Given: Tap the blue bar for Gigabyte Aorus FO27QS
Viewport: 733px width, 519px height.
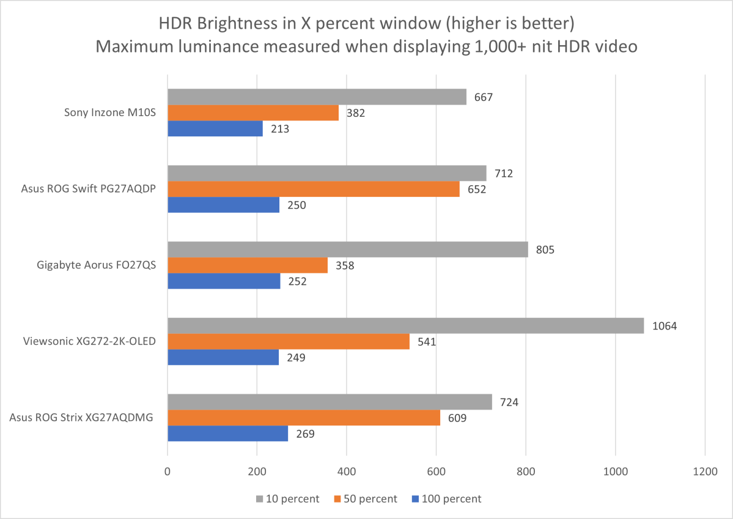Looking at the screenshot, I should coord(224,281).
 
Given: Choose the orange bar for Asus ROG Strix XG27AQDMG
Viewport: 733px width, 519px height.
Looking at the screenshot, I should coord(304,418).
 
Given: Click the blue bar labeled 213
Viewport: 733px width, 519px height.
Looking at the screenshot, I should coord(215,129).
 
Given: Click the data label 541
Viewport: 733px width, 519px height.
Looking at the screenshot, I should coord(425,342).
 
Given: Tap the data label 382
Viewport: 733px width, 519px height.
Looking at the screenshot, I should coord(355,113).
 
